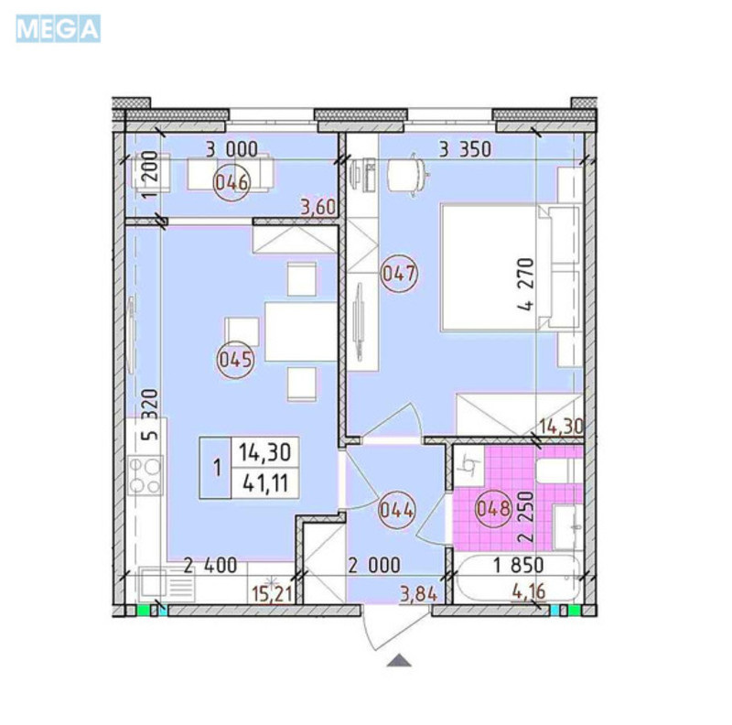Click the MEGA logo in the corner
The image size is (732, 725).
(x=57, y=28)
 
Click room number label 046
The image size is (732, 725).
(x=231, y=181)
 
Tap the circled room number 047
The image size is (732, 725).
(x=400, y=273)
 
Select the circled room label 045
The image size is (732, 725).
(x=233, y=358)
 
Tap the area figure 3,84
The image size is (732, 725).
(x=417, y=597)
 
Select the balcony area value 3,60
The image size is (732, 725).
(x=318, y=208)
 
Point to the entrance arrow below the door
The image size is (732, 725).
(x=398, y=659)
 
